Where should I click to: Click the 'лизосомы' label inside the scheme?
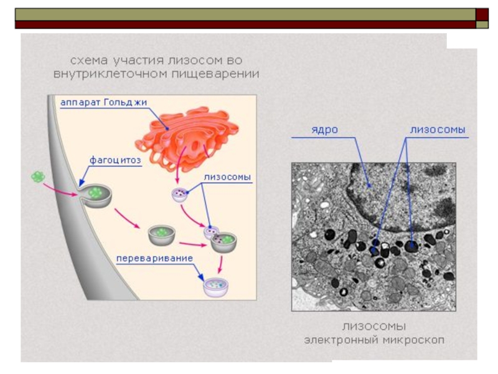(x=227, y=177)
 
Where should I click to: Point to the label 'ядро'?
(x=324, y=130)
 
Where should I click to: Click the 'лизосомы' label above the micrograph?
(x=438, y=130)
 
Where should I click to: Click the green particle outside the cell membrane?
(x=39, y=177)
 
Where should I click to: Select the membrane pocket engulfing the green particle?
(x=97, y=194)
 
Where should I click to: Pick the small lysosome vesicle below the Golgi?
(x=181, y=195)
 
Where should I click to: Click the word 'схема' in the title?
(x=88, y=60)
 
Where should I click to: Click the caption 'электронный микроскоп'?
(x=374, y=340)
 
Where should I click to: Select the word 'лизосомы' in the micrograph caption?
(x=374, y=327)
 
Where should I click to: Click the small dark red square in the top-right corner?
(x=483, y=14)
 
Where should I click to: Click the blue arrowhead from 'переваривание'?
(x=200, y=277)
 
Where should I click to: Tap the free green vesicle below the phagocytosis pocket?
(x=161, y=235)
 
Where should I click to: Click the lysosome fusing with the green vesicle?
(x=212, y=233)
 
